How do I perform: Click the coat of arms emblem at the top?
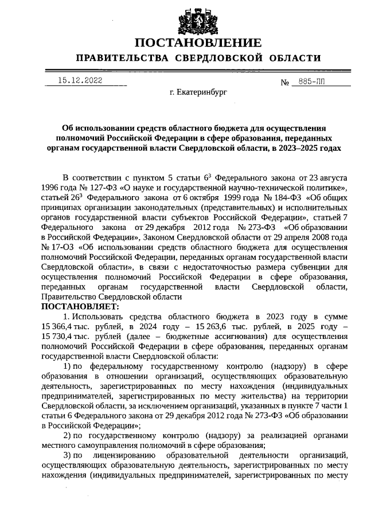(x=198, y=18)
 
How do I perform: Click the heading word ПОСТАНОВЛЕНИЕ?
(x=198, y=43)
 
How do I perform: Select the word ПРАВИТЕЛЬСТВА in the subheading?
(x=122, y=58)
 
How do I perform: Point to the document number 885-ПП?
(x=309, y=82)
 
